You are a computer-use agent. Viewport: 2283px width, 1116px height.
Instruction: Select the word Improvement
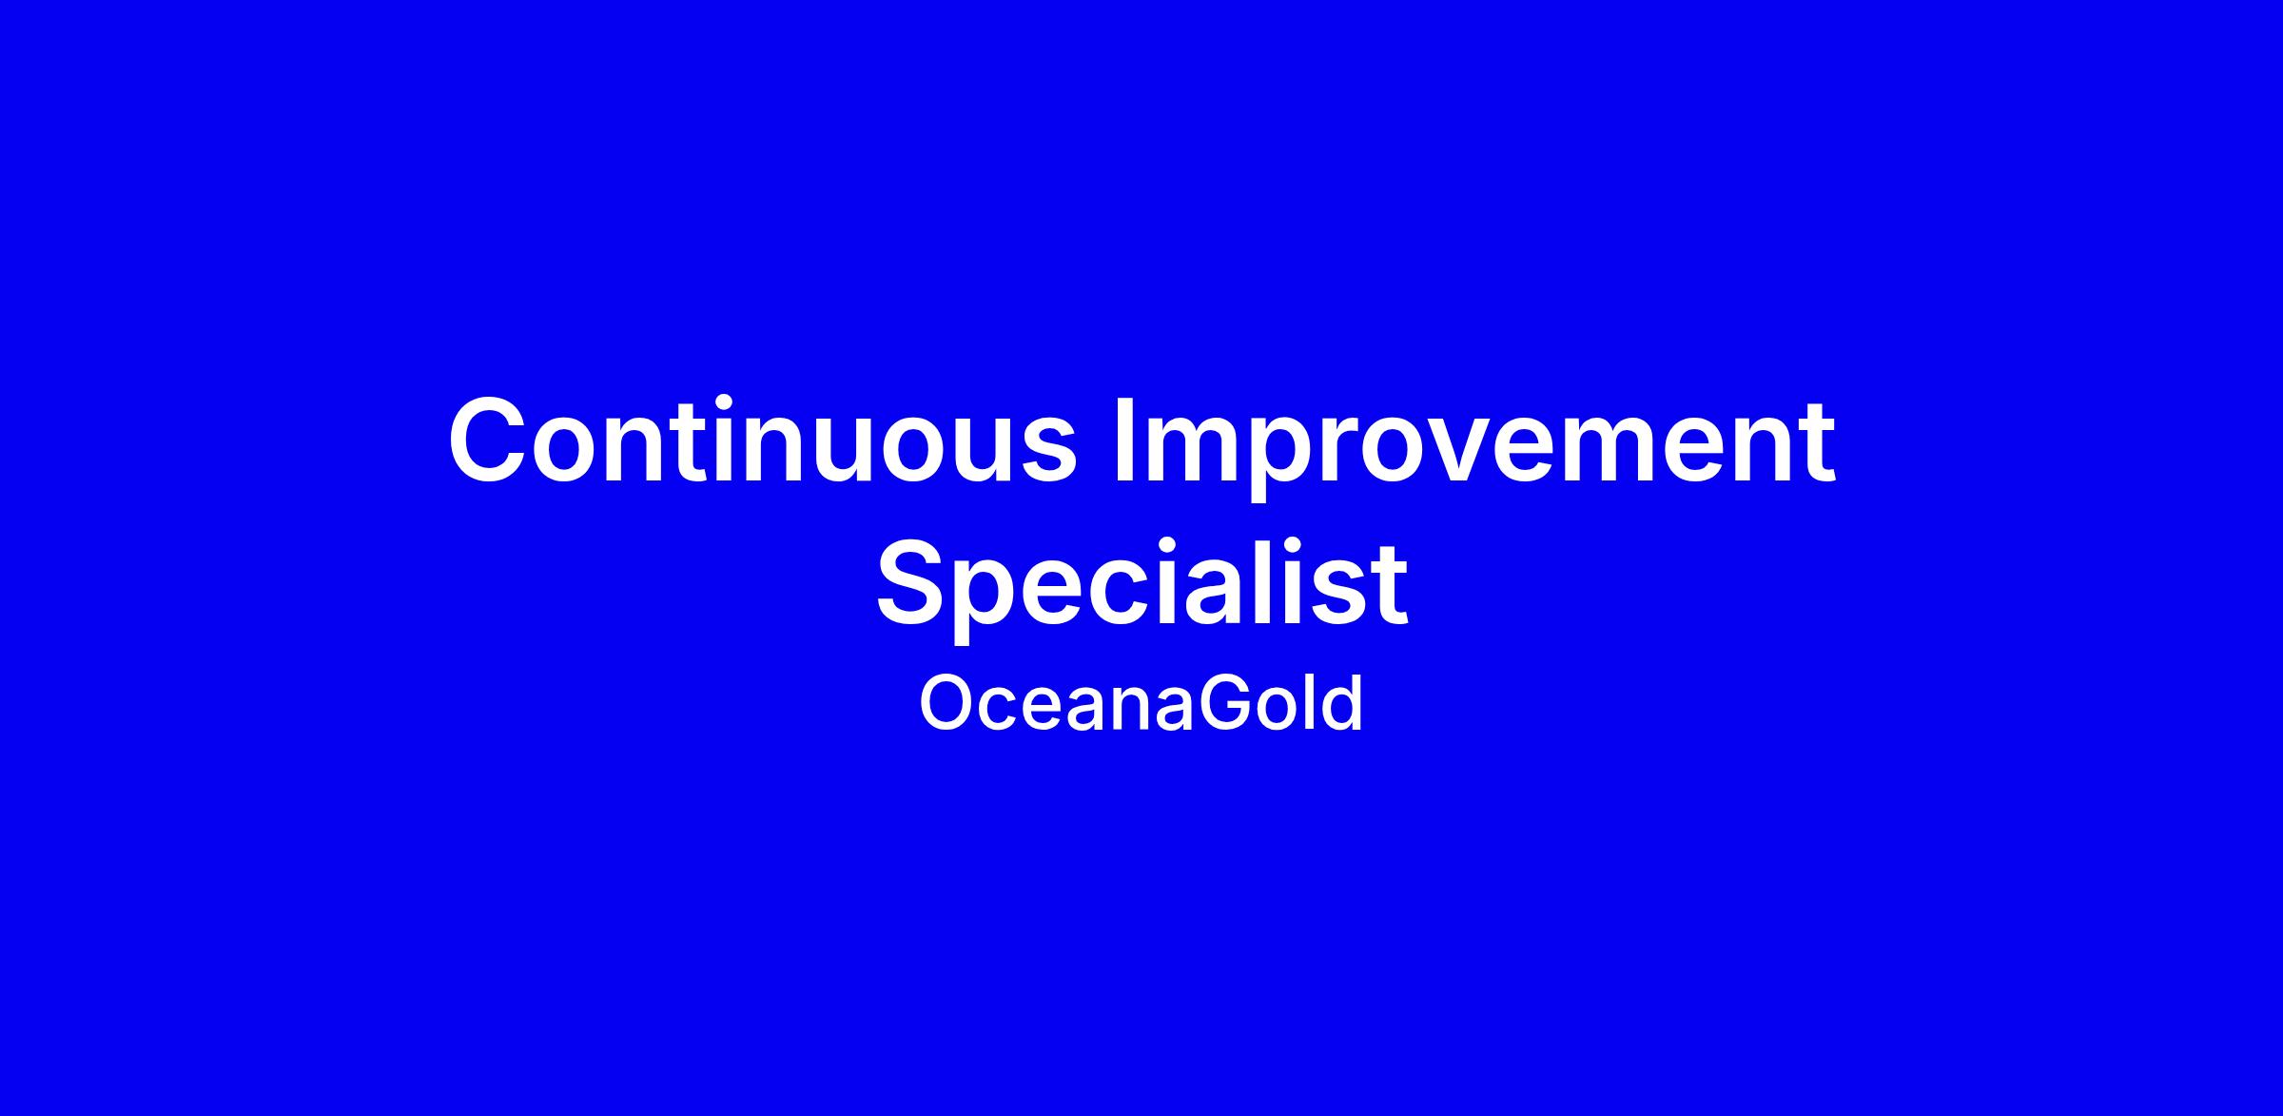click(1474, 447)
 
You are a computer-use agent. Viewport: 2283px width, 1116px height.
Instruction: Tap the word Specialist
click(1141, 586)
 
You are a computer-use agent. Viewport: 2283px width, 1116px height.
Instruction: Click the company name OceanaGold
click(1141, 703)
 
